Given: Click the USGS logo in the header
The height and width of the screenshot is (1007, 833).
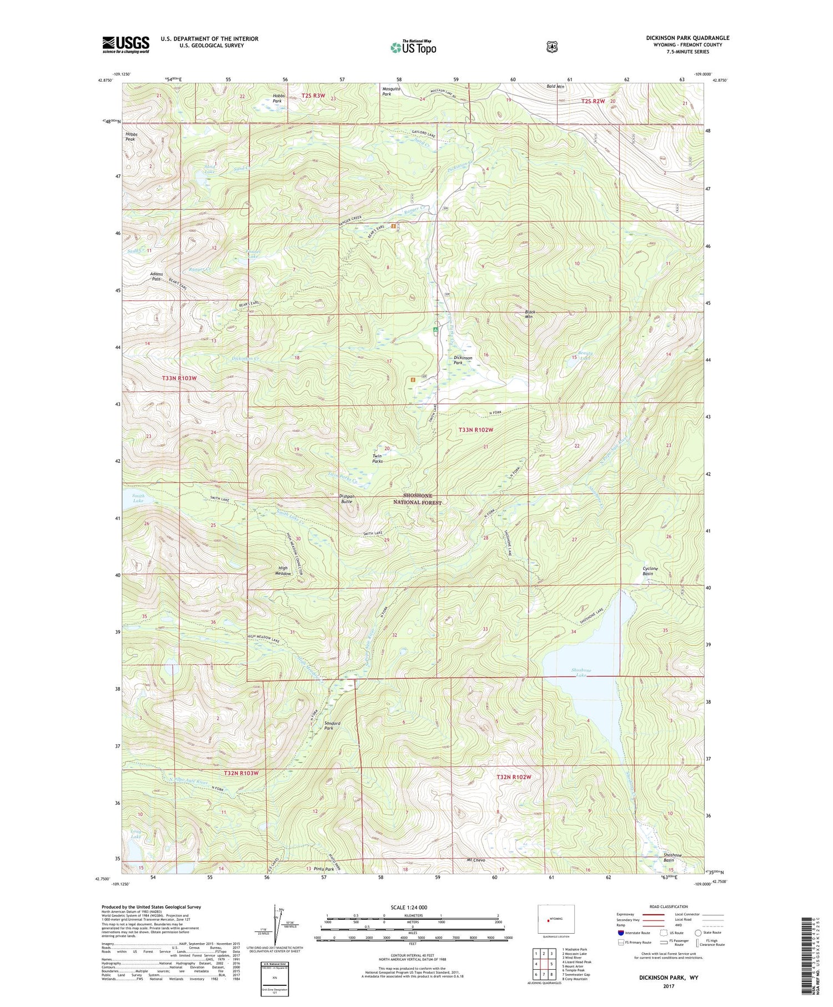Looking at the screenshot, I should tap(126, 44).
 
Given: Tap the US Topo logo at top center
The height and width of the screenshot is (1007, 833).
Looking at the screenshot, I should tap(413, 47).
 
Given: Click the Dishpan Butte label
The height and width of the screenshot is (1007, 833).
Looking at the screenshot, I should tap(346, 498).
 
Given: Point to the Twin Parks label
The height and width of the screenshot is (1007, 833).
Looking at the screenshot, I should tap(377, 458).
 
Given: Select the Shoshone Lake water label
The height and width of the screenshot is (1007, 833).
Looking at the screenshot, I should tap(581, 672).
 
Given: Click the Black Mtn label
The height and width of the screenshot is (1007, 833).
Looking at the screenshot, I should tap(529, 314).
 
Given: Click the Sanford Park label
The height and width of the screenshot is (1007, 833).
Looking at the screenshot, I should tap(332, 725).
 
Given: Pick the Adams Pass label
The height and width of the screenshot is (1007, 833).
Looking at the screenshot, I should tap(156, 276).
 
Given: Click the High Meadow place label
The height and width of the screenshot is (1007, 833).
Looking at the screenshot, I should tap(283, 570).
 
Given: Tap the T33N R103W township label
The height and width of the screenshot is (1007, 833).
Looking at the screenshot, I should tap(179, 378).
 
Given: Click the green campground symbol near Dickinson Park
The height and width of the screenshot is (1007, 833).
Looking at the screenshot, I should tap(435, 330).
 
